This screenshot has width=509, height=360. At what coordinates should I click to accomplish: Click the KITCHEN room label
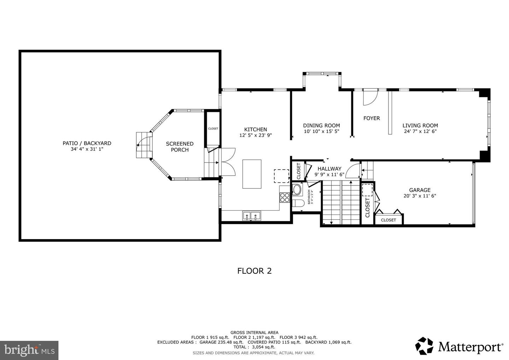click(x=256, y=129)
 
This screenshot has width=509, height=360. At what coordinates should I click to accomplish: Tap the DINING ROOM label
click(x=321, y=125)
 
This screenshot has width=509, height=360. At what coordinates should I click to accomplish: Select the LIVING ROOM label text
click(x=420, y=125)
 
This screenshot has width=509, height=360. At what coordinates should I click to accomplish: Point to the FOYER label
click(x=371, y=118)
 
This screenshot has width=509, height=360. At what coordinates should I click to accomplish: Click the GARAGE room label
click(x=420, y=190)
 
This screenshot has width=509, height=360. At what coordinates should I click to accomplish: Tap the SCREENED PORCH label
click(x=180, y=147)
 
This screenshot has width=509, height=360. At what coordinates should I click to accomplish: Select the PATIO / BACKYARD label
click(x=87, y=143)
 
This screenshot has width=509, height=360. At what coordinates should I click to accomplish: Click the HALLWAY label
click(x=329, y=169)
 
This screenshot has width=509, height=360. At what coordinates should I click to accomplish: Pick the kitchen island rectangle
click(x=252, y=174)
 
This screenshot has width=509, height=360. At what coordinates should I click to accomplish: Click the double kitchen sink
click(x=251, y=215)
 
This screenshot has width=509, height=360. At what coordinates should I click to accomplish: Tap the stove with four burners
click(x=285, y=198)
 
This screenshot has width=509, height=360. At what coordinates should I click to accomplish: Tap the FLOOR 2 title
click(x=254, y=271)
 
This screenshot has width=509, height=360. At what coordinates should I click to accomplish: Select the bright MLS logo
click(x=29, y=350)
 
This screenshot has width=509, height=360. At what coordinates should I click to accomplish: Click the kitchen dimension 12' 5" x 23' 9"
click(x=256, y=135)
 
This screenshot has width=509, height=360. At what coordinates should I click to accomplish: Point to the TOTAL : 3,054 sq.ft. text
click(x=254, y=347)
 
